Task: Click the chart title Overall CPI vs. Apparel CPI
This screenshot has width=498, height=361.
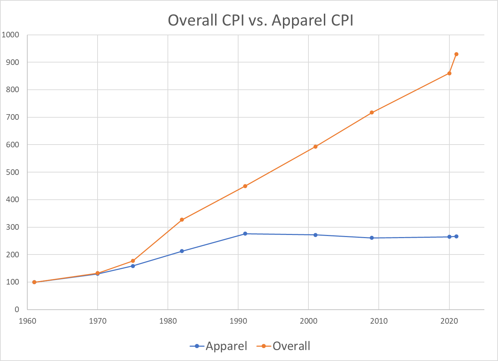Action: click(261, 20)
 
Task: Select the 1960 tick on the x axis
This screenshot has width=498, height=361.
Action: click(27, 321)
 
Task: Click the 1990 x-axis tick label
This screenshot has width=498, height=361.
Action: click(238, 321)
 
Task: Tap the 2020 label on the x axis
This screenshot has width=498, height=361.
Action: click(449, 321)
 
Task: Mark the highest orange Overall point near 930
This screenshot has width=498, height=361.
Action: click(456, 54)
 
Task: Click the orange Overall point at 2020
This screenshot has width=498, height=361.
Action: click(449, 73)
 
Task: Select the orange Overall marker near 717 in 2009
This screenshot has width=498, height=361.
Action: click(372, 112)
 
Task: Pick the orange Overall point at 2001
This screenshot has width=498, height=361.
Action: click(315, 147)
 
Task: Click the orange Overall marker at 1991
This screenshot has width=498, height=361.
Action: click(245, 186)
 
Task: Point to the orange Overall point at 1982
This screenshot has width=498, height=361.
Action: click(182, 220)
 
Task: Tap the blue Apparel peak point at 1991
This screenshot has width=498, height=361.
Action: click(245, 234)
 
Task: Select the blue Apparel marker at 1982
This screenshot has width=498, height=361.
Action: click(182, 251)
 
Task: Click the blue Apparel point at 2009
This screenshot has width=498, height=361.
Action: click(372, 238)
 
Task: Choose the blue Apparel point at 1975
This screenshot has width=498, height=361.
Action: click(133, 266)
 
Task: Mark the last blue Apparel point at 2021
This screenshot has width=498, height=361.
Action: click(456, 236)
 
